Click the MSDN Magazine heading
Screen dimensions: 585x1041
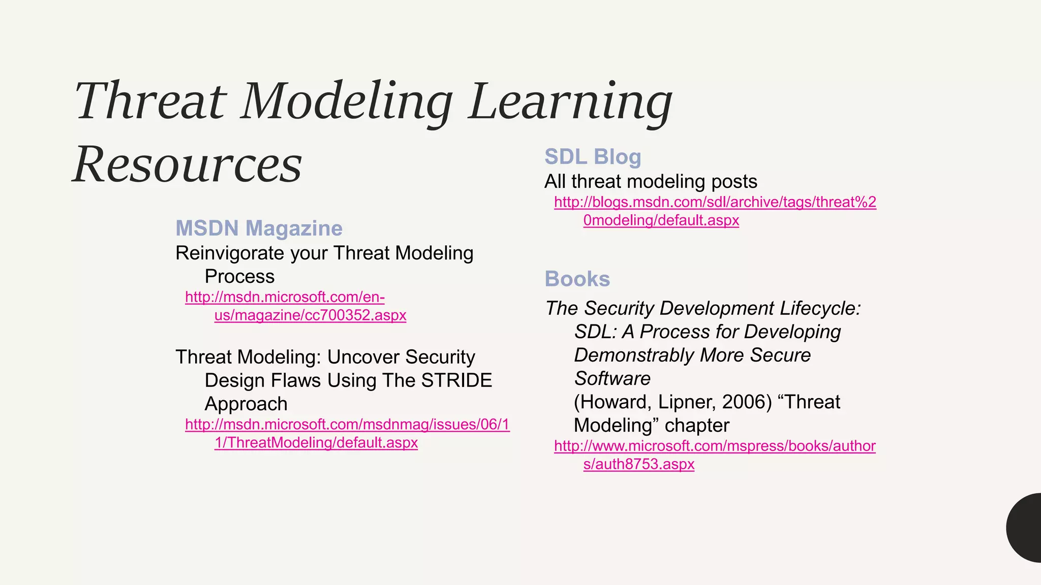259,229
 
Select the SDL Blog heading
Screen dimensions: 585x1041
593,157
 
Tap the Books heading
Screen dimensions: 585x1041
577,279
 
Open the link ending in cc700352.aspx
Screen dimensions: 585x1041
310,315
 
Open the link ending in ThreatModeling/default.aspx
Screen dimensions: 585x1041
316,443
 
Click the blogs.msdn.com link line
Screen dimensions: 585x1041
715,202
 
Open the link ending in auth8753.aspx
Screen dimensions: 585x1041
638,464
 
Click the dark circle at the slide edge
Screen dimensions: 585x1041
1026,528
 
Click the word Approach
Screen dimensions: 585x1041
246,404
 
